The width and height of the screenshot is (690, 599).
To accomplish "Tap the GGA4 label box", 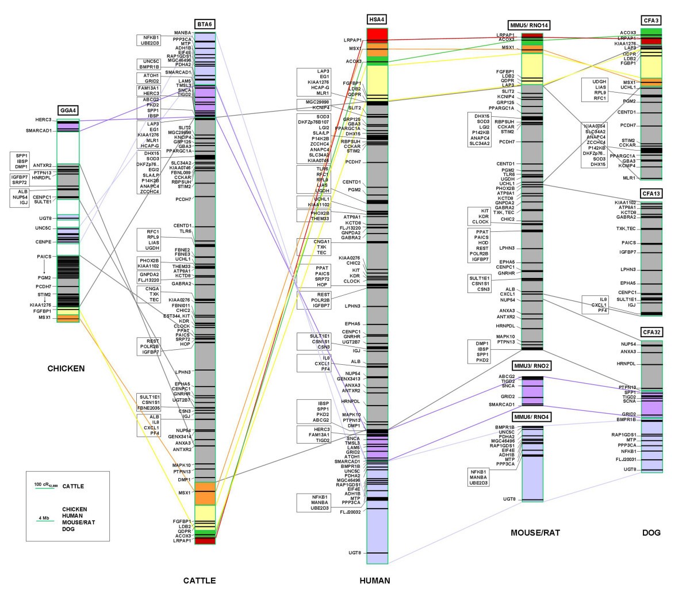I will pyautogui.click(x=67, y=110).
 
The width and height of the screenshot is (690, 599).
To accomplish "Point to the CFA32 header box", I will pyautogui.click(x=651, y=333).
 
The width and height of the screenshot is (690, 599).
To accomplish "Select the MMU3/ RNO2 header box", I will pyautogui.click(x=532, y=366).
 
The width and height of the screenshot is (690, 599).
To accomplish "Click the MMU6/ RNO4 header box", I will pyautogui.click(x=532, y=417).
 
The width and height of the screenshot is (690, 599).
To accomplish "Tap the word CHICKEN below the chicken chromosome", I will pyautogui.click(x=66, y=369).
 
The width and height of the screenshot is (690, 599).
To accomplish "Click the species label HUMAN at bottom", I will pyautogui.click(x=374, y=581).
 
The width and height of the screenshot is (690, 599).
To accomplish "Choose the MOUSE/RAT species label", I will pyautogui.click(x=535, y=533).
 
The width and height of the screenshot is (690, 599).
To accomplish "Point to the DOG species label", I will pyautogui.click(x=651, y=533).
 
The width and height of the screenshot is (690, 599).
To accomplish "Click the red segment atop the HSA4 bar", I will pyautogui.click(x=378, y=34).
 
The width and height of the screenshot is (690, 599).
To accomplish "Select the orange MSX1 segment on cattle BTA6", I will pyautogui.click(x=205, y=494).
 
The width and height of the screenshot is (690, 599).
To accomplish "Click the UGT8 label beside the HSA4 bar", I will pyautogui.click(x=355, y=553).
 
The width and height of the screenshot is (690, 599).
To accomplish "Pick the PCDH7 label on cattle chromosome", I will pyautogui.click(x=183, y=199).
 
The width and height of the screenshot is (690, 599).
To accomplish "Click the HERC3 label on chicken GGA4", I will pyautogui.click(x=43, y=120).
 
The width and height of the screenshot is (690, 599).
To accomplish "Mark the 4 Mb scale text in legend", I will pyautogui.click(x=44, y=518).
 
